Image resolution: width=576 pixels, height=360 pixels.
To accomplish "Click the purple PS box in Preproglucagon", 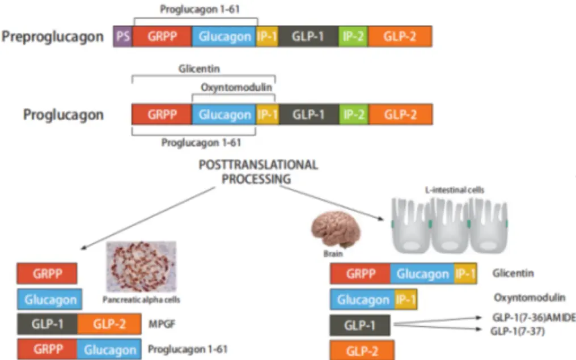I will coord(122,37).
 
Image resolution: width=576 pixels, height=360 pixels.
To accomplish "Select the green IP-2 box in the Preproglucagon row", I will coord(353,37).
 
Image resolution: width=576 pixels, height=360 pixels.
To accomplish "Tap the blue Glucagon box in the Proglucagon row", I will coord(224,115).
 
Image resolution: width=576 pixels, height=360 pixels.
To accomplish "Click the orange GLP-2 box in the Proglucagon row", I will coord(400,115).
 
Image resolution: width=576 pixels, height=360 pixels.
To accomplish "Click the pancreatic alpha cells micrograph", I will coord(141,266).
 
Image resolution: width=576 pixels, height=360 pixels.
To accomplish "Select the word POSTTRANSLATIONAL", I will coord(257,165).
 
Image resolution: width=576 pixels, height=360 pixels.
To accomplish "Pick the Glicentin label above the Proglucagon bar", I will coord(199,69).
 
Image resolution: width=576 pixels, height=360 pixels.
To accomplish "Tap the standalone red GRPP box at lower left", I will coord(47,273).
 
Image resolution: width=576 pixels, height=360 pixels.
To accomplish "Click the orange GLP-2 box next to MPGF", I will coord(109,324).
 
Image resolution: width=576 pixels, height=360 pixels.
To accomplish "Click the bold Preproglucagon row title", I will coord(53,37).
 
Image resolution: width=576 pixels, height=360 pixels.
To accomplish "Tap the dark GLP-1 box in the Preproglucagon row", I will coord(308,37).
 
